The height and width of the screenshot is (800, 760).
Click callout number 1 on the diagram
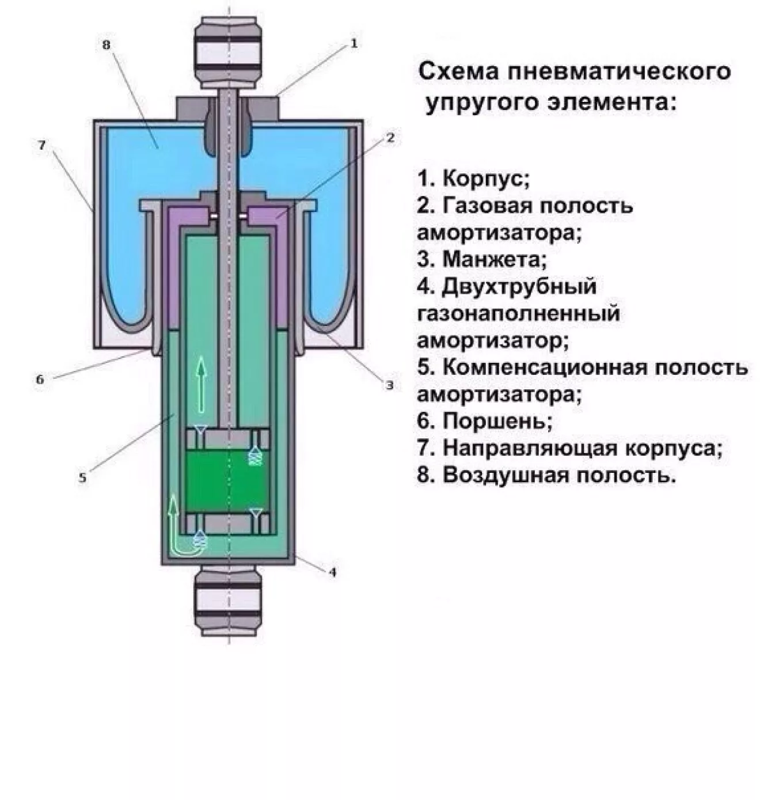(x=354, y=43)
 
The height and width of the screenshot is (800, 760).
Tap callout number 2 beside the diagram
(x=390, y=138)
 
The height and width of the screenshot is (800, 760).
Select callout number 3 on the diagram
(x=390, y=385)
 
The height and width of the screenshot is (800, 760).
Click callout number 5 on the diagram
(x=82, y=477)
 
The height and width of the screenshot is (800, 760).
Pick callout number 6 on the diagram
(x=40, y=379)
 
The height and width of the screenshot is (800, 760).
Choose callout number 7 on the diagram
(x=41, y=145)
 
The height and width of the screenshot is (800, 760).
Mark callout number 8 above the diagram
(x=106, y=44)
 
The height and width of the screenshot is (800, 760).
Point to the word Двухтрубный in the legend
(x=519, y=286)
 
